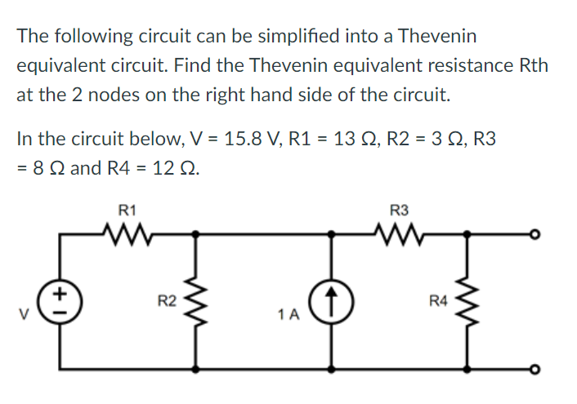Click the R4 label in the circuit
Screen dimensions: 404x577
(439, 302)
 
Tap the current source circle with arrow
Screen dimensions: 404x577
(332, 300)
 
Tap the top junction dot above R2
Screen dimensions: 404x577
(195, 234)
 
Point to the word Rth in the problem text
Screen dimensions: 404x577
(534, 64)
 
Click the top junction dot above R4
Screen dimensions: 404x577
(467, 234)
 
